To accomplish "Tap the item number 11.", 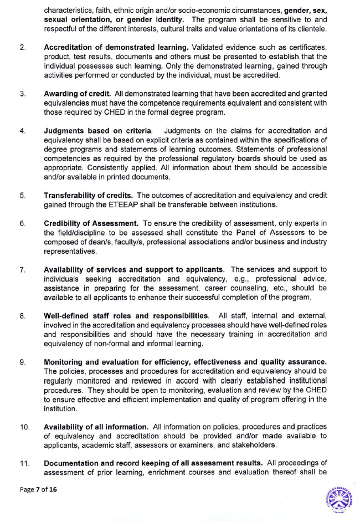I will (24, 462).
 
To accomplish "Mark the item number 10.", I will (24, 427).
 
